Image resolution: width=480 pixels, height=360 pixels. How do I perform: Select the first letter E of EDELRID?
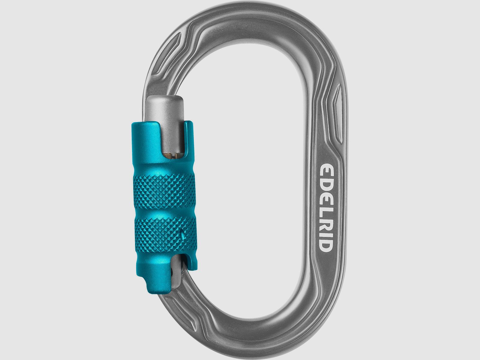pyautogui.click(x=325, y=170)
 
